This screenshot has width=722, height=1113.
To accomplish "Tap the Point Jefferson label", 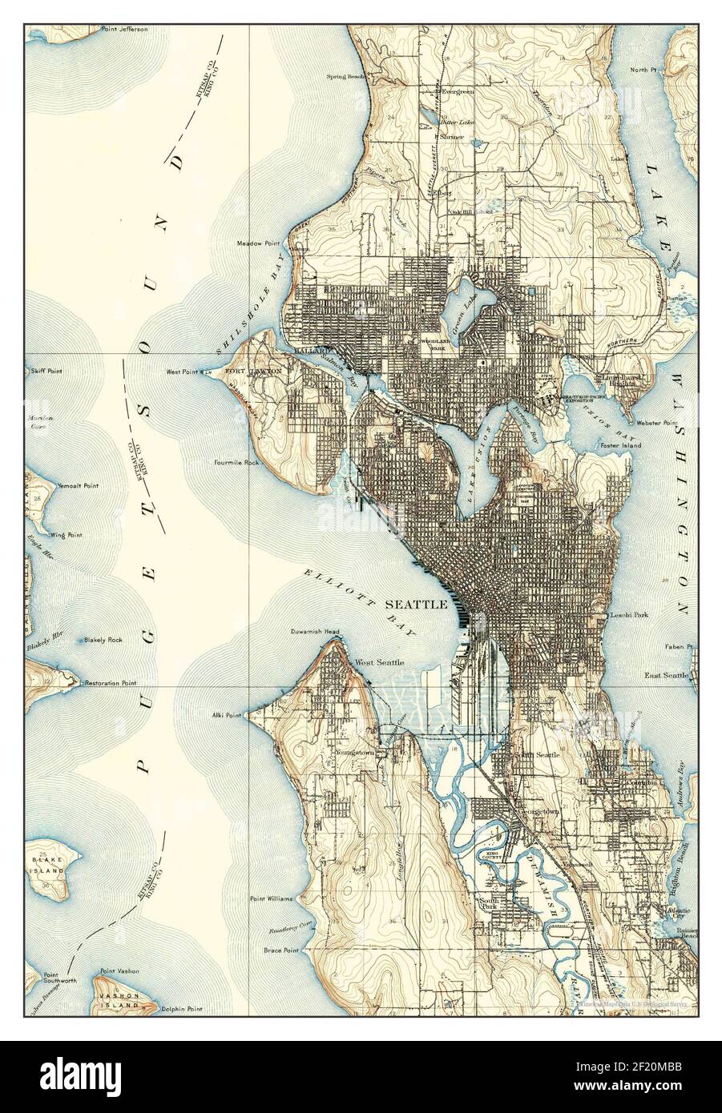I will [124, 29].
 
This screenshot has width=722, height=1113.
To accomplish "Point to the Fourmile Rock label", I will [236, 462].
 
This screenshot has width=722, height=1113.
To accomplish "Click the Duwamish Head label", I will [315, 632].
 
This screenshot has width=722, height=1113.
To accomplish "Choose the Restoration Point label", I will [107, 684].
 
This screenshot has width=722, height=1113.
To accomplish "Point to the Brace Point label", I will [280, 950].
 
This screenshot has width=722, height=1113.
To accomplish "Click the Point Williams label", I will [272, 898].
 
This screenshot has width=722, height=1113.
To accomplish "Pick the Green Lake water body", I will [458, 308].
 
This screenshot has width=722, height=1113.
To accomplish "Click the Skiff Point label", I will [46, 372].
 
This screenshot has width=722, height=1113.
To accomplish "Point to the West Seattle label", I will [379, 662].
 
